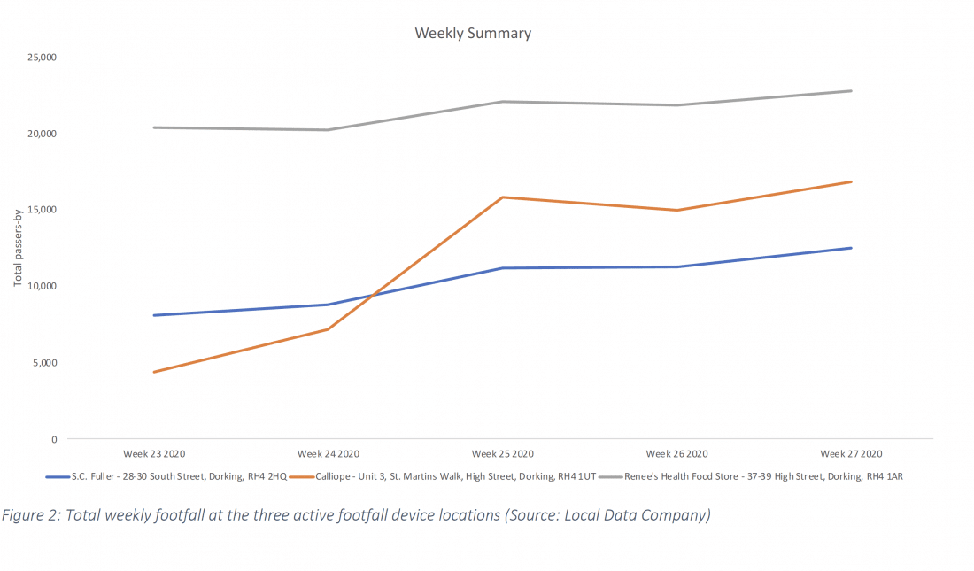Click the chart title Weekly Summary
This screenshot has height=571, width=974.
[473, 34]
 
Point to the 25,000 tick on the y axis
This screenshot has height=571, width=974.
[43, 58]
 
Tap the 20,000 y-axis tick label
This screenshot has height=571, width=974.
[43, 134]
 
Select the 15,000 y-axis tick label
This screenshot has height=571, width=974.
[43, 210]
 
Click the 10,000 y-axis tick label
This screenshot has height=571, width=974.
[43, 286]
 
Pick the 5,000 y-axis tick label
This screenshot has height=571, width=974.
[45, 363]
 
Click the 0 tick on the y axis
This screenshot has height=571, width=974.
[53, 439]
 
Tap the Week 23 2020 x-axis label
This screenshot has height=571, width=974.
[154, 454]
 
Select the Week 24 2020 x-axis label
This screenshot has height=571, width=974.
[329, 454]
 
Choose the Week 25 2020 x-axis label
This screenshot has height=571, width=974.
[502, 454]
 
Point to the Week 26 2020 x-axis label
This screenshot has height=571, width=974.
[676, 454]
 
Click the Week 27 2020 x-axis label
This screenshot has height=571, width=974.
[851, 454]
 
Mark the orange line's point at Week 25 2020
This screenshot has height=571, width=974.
[503, 197]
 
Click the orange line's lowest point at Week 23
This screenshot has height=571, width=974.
[154, 372]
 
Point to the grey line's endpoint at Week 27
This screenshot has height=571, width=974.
[851, 91]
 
